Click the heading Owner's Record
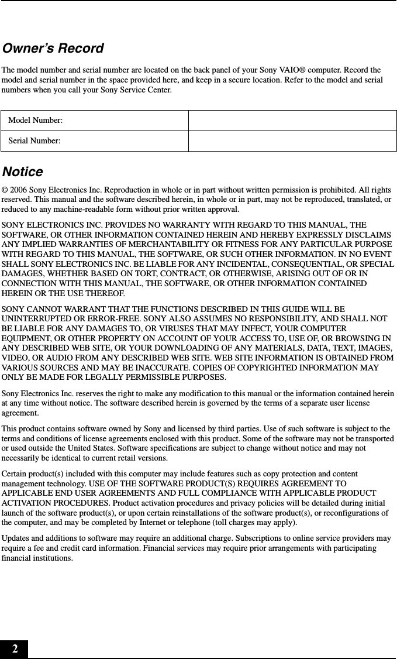(x=53, y=48)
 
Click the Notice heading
(x=23, y=172)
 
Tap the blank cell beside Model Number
(x=292, y=120)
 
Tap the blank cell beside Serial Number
(x=292, y=141)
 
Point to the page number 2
(x=14, y=649)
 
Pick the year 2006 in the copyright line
(x=19, y=190)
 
